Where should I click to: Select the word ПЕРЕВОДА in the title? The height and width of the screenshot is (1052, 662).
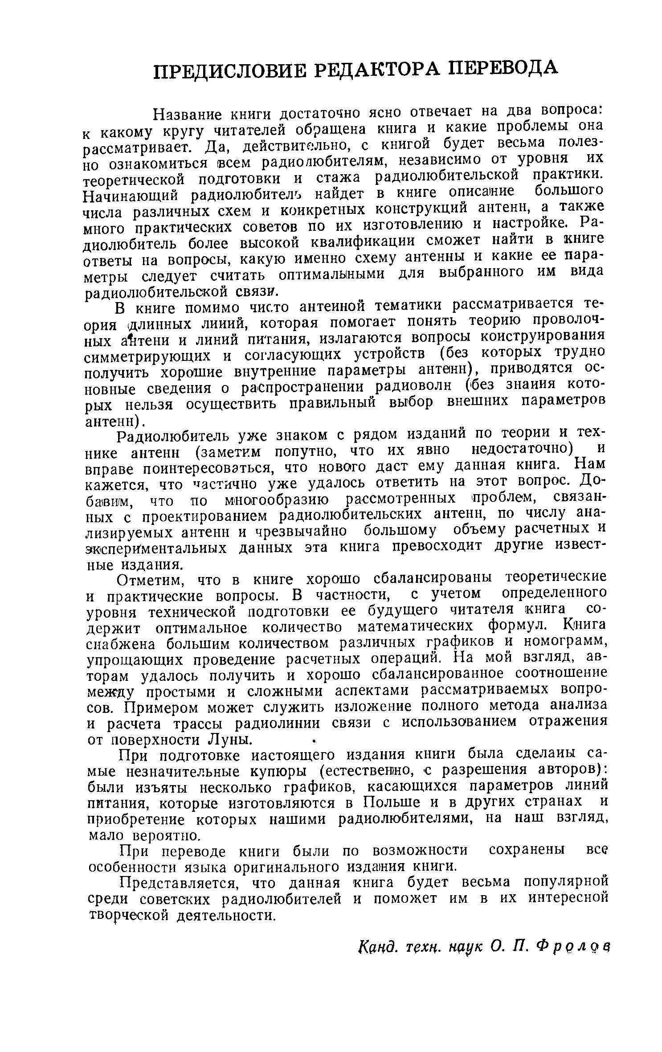pyautogui.click(x=503, y=67)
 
